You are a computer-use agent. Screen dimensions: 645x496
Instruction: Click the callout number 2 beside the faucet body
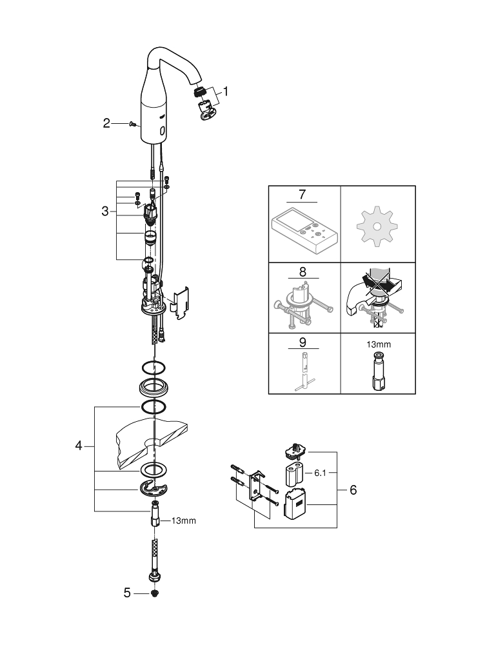106,123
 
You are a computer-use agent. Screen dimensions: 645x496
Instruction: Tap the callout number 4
79,446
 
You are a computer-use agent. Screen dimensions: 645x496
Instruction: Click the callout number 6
353,490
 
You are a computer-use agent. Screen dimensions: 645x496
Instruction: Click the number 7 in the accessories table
303,194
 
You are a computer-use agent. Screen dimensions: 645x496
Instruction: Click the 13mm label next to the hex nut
183,521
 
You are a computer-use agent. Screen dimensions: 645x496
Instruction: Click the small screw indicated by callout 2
131,123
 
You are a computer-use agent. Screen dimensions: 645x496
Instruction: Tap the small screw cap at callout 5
155,593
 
